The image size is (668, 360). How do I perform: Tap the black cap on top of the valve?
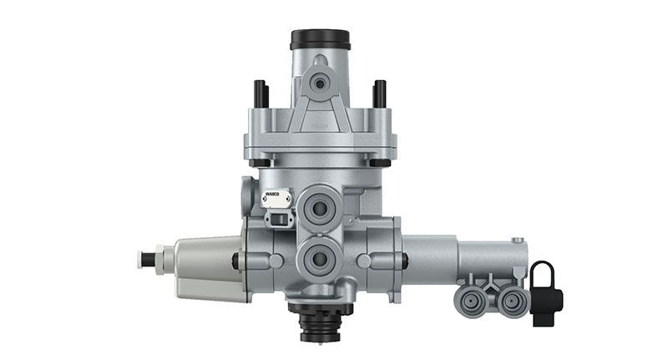click(x=320, y=39)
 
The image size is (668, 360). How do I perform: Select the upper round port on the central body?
click(x=320, y=205)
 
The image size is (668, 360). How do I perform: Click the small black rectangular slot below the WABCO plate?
click(x=275, y=220)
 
